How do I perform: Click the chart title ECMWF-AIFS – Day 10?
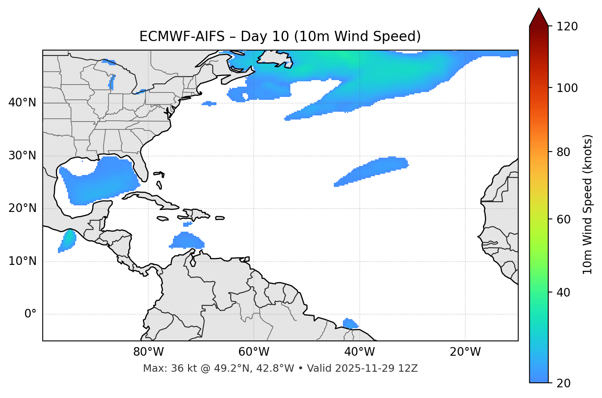[280, 37]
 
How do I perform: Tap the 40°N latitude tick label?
[22, 103]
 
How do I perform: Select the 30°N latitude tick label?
[22, 156]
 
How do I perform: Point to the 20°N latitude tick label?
[22, 209]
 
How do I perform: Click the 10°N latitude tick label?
[22, 261]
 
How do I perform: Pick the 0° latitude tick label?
[30, 314]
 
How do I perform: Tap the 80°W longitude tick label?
[148, 352]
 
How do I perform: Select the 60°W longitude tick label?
[254, 352]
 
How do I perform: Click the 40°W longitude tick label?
[359, 352]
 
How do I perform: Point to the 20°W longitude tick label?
[465, 352]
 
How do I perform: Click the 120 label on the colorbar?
[567, 26]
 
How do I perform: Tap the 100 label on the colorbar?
[567, 88]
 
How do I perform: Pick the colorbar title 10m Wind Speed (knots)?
[588, 204]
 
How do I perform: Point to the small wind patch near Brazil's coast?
[349, 324]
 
